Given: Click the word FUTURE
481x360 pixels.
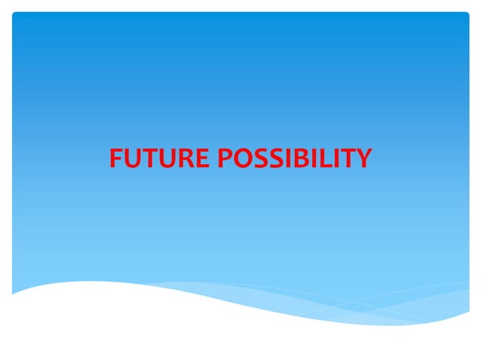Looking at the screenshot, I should coord(160,159).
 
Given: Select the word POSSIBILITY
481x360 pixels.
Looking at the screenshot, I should coord(294,159).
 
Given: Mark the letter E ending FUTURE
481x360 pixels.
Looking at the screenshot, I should coord(199,159).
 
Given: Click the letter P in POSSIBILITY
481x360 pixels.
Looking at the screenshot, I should coord(225,159).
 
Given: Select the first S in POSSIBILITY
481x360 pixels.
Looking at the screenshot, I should coord(260,159).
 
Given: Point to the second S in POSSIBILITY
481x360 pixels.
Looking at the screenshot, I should coord(275,159).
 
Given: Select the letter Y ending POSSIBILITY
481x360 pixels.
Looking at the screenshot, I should coord(360,159).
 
